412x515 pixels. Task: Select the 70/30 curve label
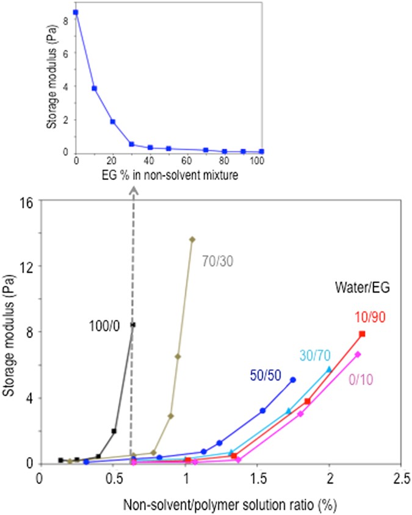point(217,261)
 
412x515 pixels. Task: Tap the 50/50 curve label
point(265,375)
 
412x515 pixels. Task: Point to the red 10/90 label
point(367,317)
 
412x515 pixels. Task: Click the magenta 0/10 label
point(361,380)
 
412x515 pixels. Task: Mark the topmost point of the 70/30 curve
point(192,239)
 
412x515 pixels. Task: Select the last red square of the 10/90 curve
point(362,334)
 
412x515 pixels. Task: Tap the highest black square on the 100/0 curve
point(133,325)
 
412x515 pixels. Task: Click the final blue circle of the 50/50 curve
point(293,380)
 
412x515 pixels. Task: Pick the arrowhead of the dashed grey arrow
point(133,189)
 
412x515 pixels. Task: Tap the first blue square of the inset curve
point(76,12)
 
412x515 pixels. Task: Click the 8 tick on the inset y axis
point(67,21)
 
